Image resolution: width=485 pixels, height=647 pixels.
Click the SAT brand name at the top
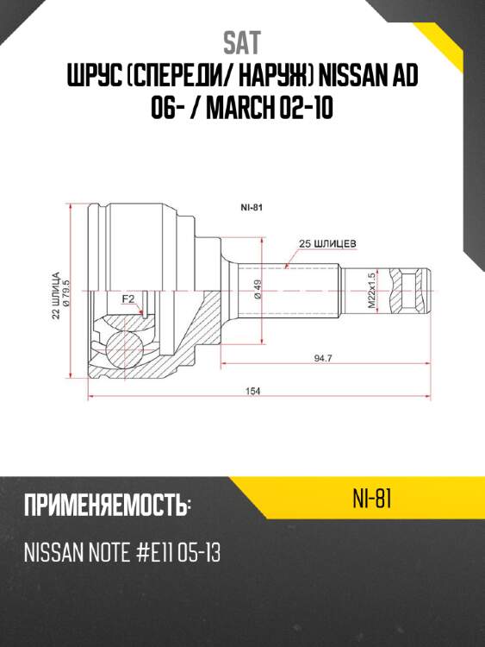click(x=242, y=42)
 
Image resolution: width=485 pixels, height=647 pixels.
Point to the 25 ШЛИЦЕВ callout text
click(x=327, y=243)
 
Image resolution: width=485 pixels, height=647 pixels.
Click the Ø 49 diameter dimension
click(x=257, y=289)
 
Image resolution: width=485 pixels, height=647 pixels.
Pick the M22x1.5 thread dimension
click(x=372, y=290)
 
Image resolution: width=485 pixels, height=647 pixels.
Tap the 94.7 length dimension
click(x=323, y=357)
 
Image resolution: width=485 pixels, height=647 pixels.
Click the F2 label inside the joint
click(x=128, y=299)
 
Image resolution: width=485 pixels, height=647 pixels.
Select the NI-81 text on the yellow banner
click(x=372, y=499)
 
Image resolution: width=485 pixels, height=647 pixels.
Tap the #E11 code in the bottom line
click(x=145, y=553)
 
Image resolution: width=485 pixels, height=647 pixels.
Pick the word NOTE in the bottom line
click(x=102, y=553)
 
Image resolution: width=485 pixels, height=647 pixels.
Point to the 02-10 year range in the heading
click(x=308, y=112)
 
